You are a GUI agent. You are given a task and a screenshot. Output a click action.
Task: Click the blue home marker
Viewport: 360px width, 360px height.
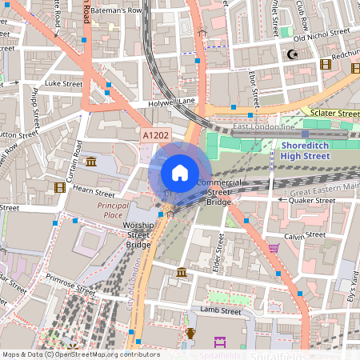(180, 173)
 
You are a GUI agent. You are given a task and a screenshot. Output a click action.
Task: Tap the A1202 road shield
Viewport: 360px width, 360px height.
(158, 137)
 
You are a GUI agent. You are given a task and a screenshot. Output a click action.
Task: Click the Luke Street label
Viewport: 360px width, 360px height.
(63, 83)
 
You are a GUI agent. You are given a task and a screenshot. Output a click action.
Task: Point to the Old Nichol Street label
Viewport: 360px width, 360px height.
(322, 34)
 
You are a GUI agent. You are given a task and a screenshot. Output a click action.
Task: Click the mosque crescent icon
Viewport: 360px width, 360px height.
(292, 54)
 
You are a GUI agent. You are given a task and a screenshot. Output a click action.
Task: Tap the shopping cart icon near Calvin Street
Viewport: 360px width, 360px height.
(274, 247)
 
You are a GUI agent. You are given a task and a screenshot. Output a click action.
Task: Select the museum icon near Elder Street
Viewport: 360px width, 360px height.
(182, 273)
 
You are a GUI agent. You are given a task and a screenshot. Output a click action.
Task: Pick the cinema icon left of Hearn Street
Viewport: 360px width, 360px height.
(58, 187)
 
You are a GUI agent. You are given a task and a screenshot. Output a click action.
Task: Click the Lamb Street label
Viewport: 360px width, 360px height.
(221, 310)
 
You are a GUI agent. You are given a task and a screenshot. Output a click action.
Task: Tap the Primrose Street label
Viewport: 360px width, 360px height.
(70, 281)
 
